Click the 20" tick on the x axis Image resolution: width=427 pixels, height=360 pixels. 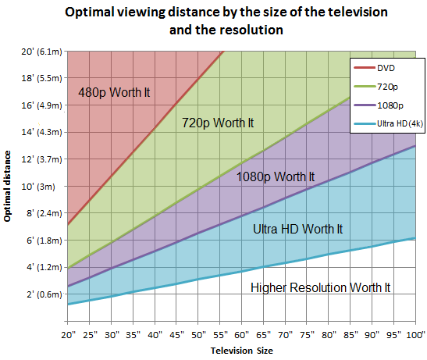69,334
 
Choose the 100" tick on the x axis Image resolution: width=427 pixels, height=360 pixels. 414,334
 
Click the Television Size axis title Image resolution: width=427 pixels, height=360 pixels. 242,351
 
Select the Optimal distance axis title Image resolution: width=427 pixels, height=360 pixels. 8,181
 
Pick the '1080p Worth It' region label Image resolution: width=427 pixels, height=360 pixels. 276,176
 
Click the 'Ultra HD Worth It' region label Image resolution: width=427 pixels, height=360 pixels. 298,229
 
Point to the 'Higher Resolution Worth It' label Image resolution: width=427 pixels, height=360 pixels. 320,287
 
